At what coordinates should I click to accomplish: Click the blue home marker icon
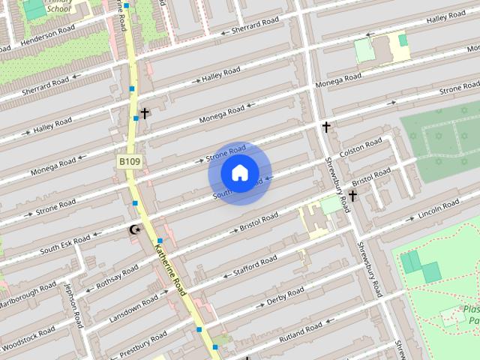point(239,173)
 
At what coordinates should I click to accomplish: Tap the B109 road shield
point(129,160)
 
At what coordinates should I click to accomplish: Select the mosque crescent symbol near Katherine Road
point(135,229)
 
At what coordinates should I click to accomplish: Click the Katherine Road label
point(170,268)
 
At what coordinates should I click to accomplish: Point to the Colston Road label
point(361,147)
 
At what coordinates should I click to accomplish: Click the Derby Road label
point(286,294)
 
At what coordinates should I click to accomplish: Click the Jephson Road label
point(73,304)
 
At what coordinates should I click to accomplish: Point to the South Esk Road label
point(65,243)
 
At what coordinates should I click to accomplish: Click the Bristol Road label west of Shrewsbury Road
point(259,220)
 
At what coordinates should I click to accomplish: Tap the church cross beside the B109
point(145,113)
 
